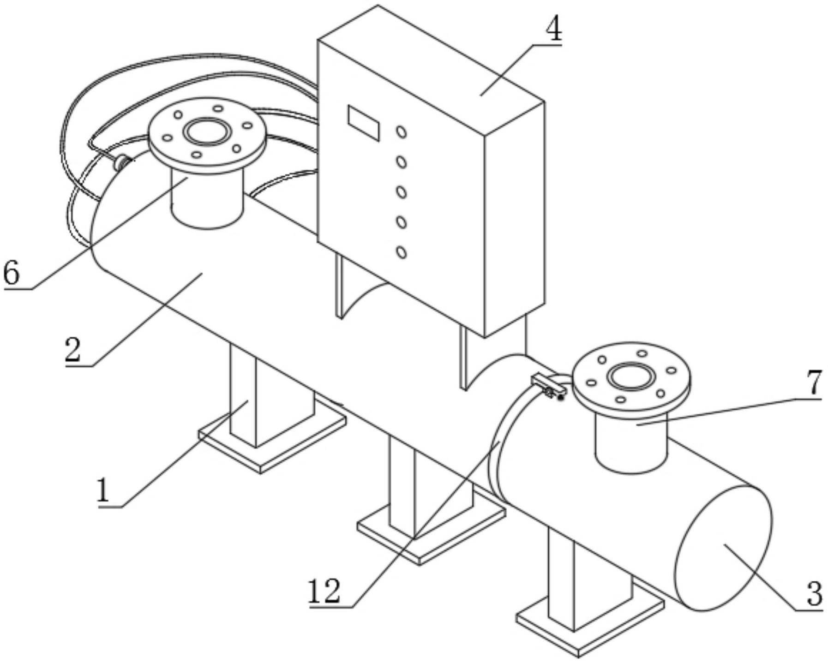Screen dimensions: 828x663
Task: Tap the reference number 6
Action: point(12,273)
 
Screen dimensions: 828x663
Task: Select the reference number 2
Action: point(73,350)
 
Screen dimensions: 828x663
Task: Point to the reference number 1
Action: point(103,490)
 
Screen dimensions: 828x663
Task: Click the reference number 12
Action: point(324,591)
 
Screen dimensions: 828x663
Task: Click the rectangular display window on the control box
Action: point(364,123)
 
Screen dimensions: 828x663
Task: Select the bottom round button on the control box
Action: point(402,252)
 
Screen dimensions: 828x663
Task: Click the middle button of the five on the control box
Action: point(402,192)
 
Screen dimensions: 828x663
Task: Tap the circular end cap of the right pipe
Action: point(723,548)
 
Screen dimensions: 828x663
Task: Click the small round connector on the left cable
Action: point(122,162)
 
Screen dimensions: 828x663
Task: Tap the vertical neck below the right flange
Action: point(631,443)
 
